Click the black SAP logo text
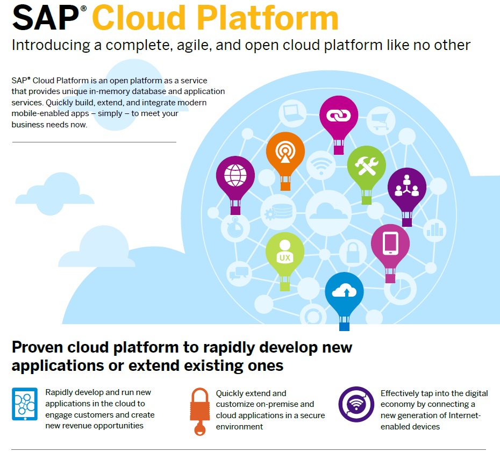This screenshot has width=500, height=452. (x=45, y=18)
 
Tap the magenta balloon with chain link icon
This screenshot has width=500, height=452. (x=339, y=125)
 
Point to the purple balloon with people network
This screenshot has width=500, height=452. (x=407, y=197)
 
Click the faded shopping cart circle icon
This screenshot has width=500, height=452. (x=381, y=120)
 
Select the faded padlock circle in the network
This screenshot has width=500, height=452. (x=353, y=253)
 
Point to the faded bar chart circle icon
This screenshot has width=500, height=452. (x=434, y=231)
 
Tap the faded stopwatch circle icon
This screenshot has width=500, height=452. (x=235, y=227)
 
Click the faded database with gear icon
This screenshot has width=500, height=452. (x=278, y=212)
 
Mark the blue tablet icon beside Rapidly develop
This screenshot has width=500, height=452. (x=25, y=404)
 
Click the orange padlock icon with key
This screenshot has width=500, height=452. (x=200, y=411)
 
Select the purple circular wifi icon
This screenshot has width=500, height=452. (x=356, y=404)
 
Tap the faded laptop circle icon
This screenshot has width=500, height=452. (x=292, y=113)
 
